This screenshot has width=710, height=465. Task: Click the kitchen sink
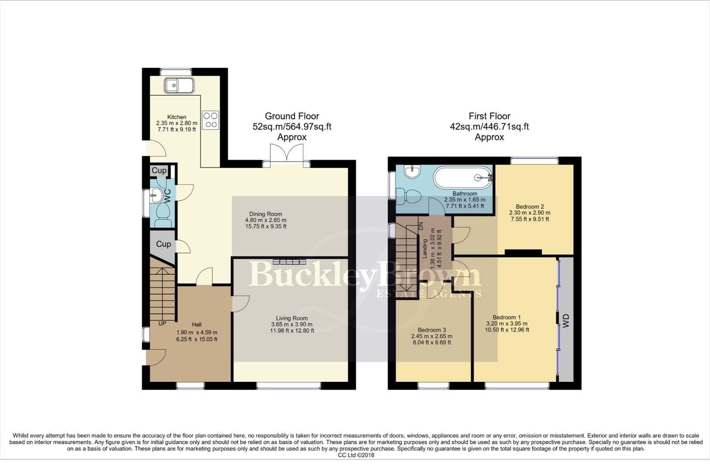coord(179,85)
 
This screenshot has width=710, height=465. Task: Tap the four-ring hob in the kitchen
coord(211,120)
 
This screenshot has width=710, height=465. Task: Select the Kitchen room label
coord(177,117)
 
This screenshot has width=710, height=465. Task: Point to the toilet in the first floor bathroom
coord(404,197)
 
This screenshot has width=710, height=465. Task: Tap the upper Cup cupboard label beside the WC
coord(159,170)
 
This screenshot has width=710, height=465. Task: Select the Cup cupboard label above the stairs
coord(163,244)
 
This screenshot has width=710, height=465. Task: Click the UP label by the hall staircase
coord(162,323)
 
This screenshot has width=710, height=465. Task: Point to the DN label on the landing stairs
coord(421,225)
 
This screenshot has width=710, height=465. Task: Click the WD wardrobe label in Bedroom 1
coord(566,321)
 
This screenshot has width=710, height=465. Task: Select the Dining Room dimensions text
coord(266,223)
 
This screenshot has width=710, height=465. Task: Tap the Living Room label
coord(291,318)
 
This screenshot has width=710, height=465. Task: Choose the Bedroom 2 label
coord(530,206)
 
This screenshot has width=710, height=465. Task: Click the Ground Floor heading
coord(291,116)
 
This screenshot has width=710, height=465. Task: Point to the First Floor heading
coord(489,116)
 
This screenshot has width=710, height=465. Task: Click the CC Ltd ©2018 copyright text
coord(356,455)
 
